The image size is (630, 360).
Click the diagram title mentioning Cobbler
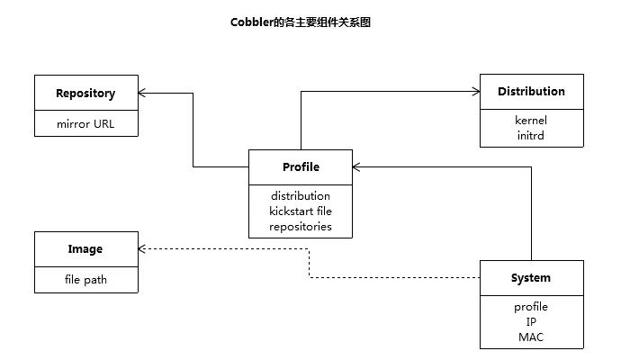tap(301, 22)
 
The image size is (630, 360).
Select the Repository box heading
tap(85, 94)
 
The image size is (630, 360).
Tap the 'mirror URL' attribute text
tap(85, 124)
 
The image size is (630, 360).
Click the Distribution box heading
tap(531, 91)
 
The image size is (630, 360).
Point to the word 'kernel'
tap(531, 120)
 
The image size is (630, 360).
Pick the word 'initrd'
tap(531, 135)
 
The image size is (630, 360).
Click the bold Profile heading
tap(301, 166)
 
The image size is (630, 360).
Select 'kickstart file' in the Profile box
tap(301, 211)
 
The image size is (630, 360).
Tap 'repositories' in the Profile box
tap(301, 227)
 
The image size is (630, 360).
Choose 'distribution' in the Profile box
tap(301, 195)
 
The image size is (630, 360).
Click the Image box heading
tap(85, 249)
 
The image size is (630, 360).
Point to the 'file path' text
tap(85, 280)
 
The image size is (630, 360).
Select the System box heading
tap(531, 278)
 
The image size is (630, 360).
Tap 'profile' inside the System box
tap(531, 307)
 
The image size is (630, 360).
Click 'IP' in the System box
tap(531, 322)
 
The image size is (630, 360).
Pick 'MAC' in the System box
tap(531, 337)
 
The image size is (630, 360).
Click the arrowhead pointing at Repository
tap(142, 94)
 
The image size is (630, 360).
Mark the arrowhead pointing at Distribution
tap(476, 92)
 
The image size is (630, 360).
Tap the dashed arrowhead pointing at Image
tap(142, 248)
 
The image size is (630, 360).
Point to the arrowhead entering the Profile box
tap(356, 166)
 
